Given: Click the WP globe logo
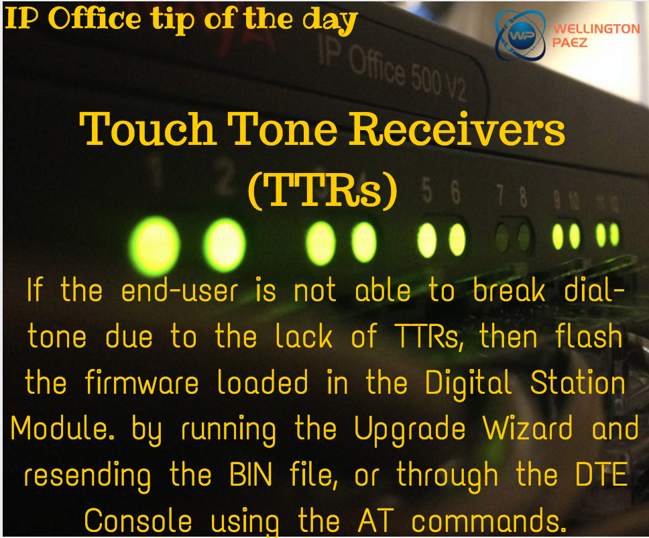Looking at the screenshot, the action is (520, 36).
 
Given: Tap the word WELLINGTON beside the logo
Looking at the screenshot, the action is (597, 29).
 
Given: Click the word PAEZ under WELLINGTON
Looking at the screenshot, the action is (569, 43).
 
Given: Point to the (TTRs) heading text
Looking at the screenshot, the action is (323, 190).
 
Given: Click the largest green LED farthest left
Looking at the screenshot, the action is (154, 245).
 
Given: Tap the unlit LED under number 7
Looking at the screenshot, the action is (502, 237).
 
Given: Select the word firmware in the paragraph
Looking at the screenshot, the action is (141, 382).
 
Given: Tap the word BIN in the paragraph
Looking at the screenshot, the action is (251, 474).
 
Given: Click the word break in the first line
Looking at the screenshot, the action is (509, 290).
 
